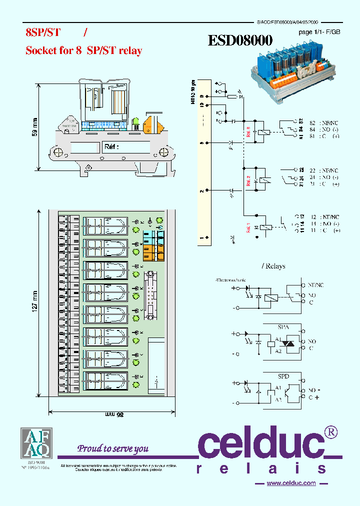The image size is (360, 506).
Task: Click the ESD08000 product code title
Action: tap(240, 41)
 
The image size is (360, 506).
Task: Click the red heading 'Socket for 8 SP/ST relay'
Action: tap(83, 50)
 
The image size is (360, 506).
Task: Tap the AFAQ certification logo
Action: tap(35, 442)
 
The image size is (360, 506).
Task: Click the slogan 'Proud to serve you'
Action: tap(113, 448)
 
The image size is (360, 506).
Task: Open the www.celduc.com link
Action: tap(291, 483)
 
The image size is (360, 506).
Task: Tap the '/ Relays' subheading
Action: tap(273, 266)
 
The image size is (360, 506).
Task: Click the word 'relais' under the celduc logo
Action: tap(261, 468)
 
